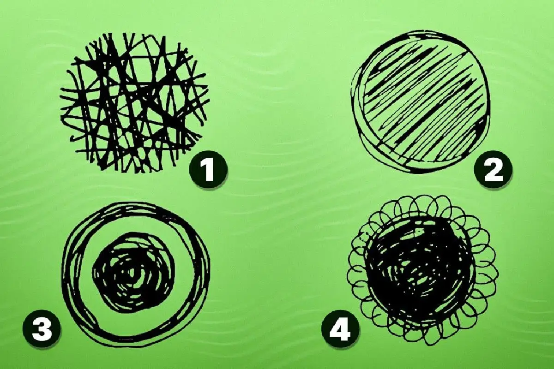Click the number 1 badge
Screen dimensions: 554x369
pos(208,170)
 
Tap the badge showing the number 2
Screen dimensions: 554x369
pos(493,170)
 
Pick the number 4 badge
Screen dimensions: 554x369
pos(340,329)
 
